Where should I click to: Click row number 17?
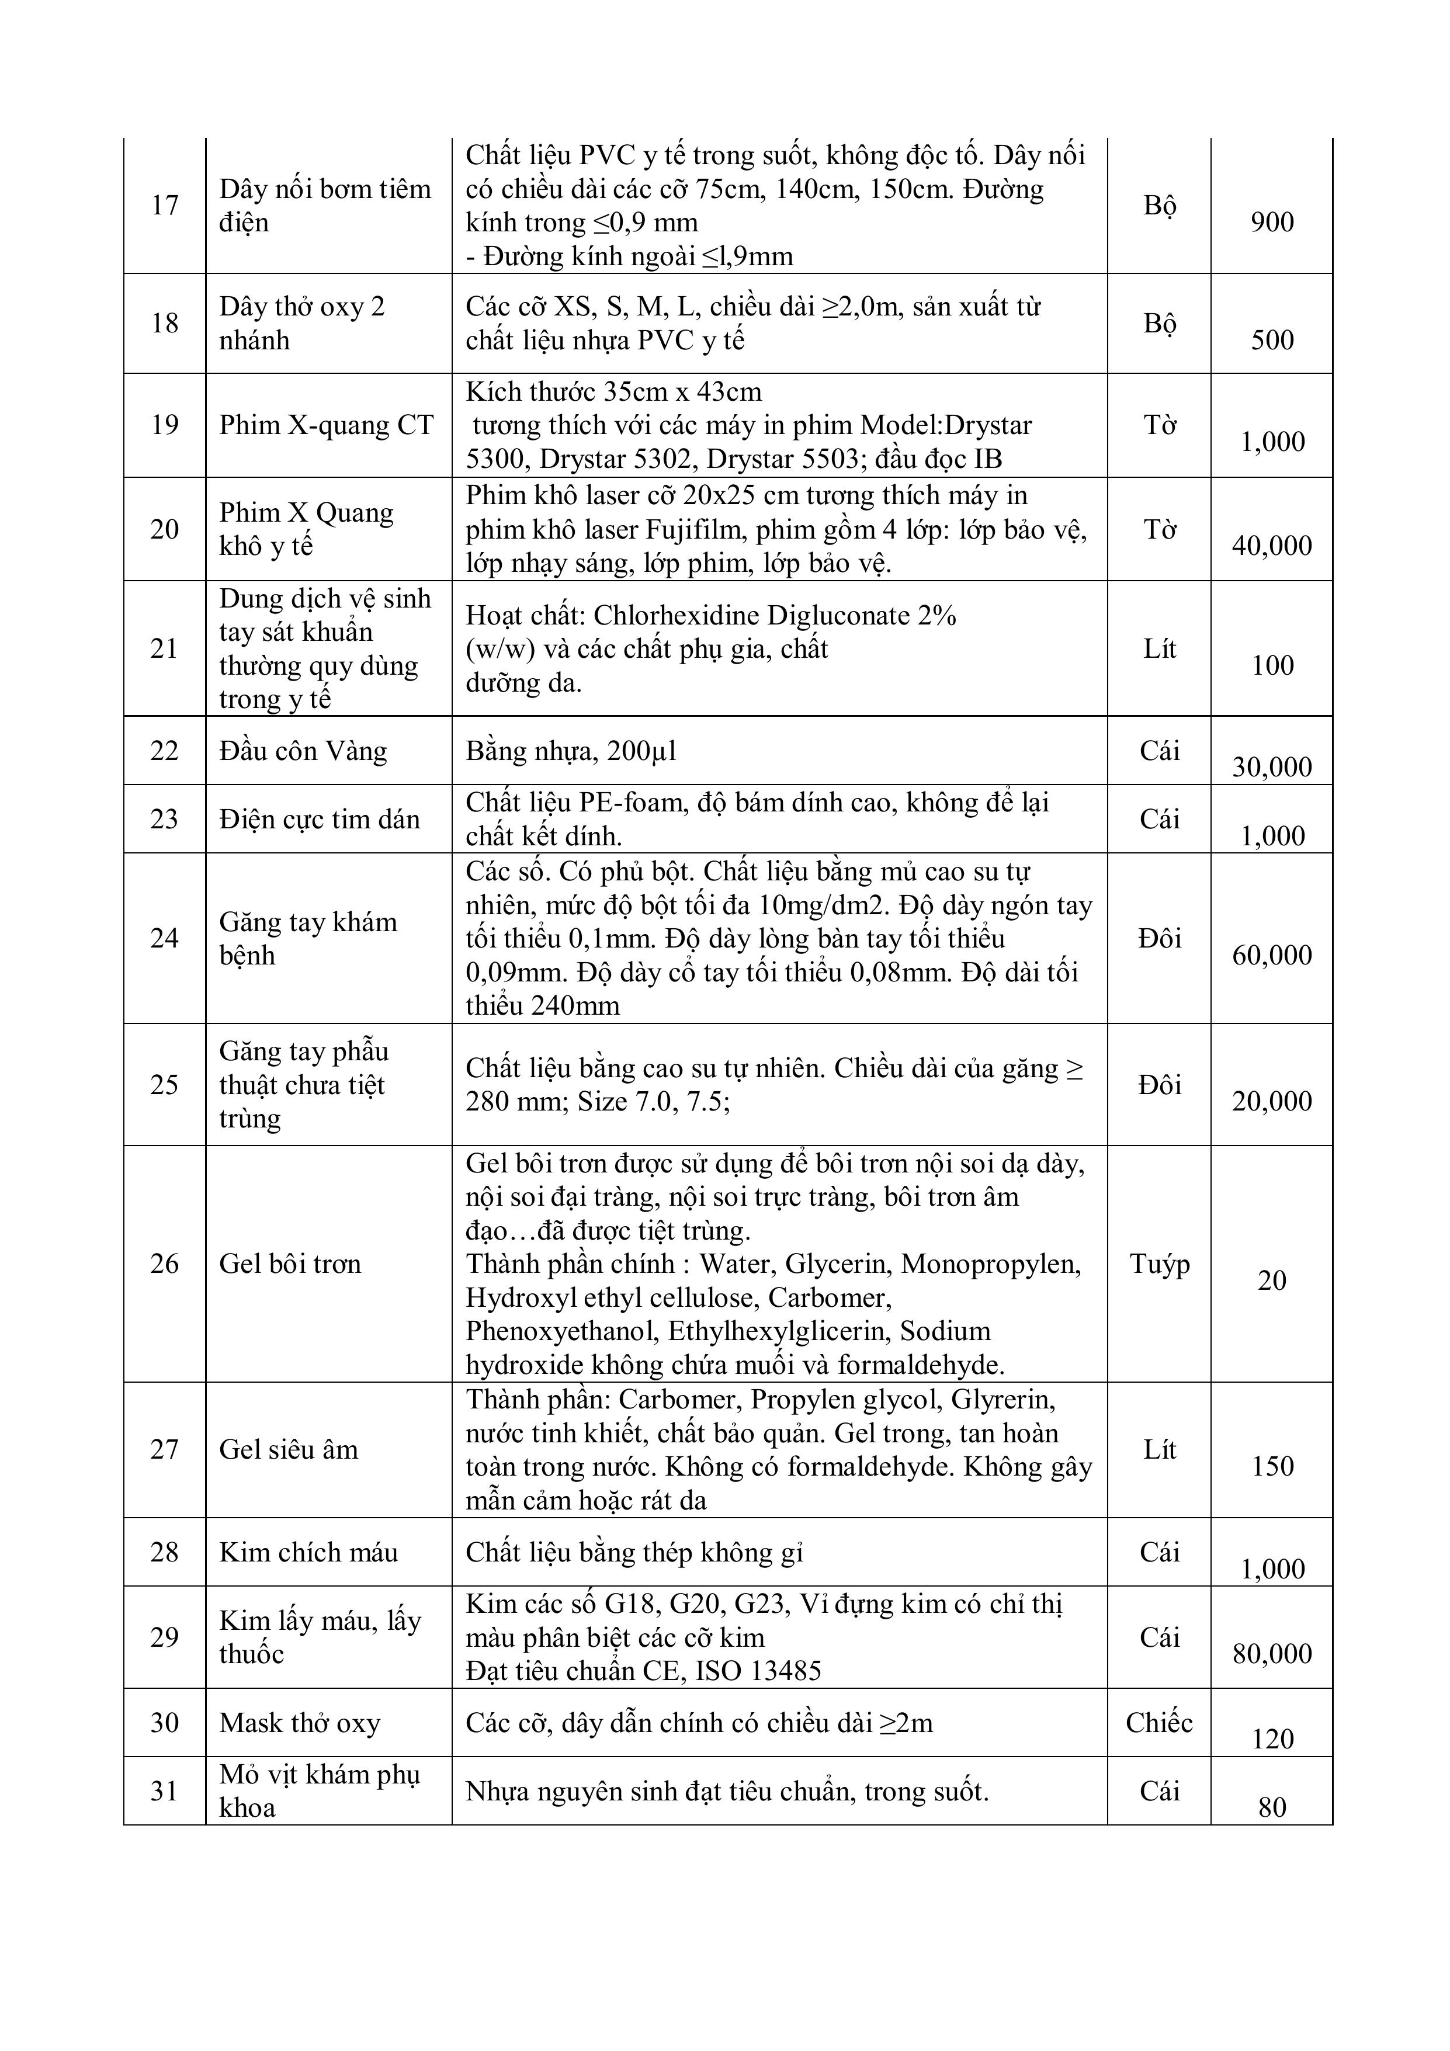[164, 206]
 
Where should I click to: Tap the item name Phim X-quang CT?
[326, 425]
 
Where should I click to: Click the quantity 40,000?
[1271, 545]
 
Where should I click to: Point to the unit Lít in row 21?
[1158, 648]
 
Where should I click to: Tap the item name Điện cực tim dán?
[319, 819]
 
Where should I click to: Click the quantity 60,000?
[1271, 955]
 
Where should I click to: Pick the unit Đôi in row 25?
[1158, 1084]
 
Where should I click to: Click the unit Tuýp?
[1158, 1264]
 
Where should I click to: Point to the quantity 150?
[1271, 1466]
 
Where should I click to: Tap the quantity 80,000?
[1271, 1654]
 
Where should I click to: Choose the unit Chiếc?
[1158, 1722]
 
